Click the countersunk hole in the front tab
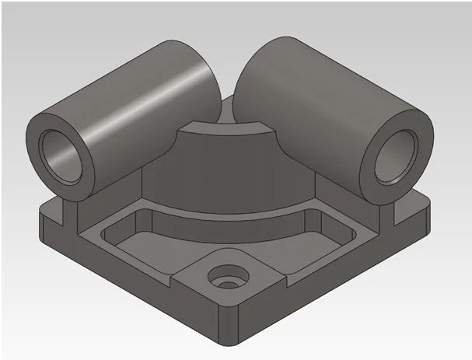227,277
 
